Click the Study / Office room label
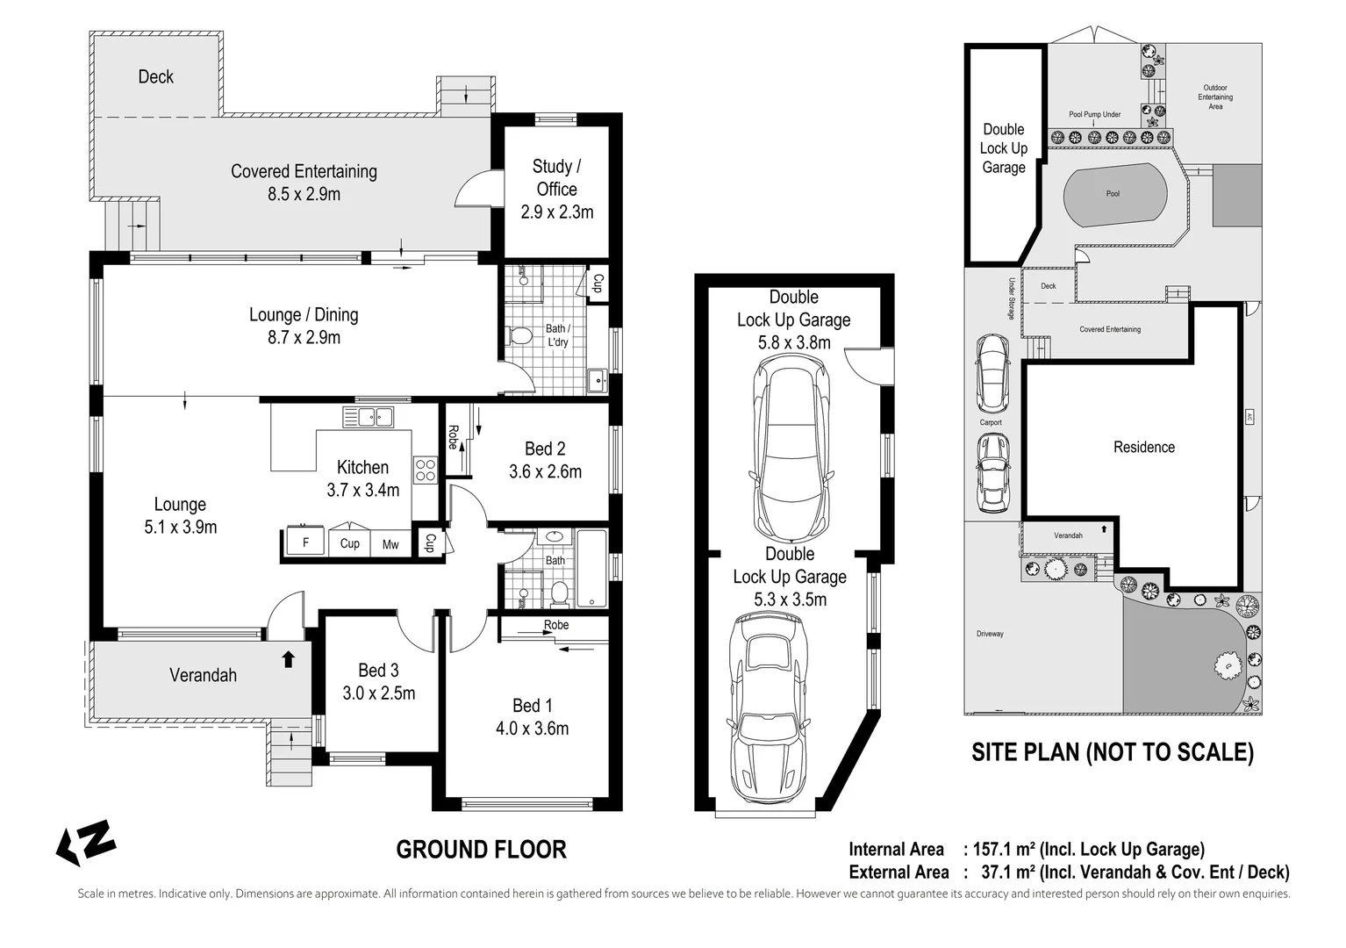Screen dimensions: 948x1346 click(556, 177)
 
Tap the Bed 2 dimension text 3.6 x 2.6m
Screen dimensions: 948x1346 click(545, 472)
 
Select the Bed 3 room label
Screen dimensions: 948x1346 click(378, 671)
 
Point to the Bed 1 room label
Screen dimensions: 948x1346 click(533, 706)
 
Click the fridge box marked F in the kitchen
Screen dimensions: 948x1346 click(305, 543)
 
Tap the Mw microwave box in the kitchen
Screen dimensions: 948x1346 click(390, 544)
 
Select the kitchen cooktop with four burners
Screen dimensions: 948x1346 click(425, 470)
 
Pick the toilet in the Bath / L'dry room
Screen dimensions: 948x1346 click(519, 336)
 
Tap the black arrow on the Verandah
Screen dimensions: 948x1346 click(289, 658)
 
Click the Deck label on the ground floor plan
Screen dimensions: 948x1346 click(155, 77)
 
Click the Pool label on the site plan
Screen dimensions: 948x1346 click(1113, 193)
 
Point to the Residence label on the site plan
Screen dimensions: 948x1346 click(1143, 448)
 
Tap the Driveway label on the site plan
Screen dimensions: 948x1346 click(990, 634)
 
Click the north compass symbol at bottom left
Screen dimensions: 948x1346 click(86, 843)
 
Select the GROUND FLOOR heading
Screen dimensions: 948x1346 click(481, 850)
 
